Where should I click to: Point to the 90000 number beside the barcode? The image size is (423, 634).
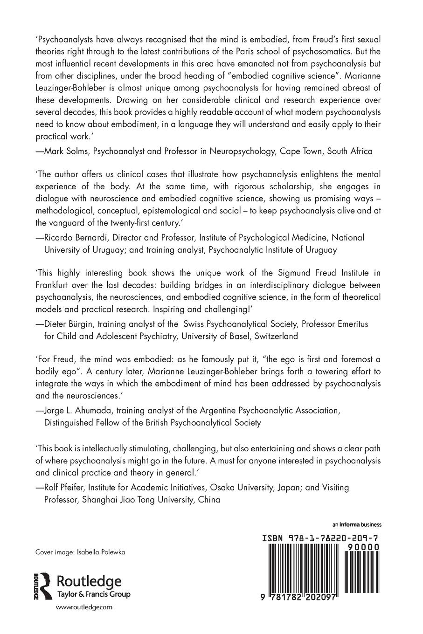coord(362,547)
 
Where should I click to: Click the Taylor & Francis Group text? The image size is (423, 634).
coord(93,594)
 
